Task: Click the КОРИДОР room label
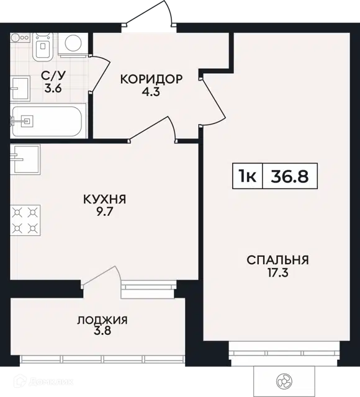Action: [151, 79]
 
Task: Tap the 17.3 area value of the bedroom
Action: [278, 273]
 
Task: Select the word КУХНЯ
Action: [105, 200]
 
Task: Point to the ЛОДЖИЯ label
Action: [102, 320]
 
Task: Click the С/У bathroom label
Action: [53, 75]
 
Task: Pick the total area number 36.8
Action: [290, 176]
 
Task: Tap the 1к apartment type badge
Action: [247, 176]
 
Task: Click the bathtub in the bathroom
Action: [47, 121]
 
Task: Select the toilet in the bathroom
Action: [43, 47]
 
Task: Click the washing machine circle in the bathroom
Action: [73, 43]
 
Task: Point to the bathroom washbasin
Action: [20, 88]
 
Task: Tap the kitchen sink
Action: [25, 159]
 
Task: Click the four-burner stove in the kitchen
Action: [25, 220]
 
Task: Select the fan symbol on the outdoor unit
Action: [284, 381]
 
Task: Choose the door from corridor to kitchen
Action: [152, 128]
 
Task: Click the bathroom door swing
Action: [101, 73]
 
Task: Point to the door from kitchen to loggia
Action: [101, 277]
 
